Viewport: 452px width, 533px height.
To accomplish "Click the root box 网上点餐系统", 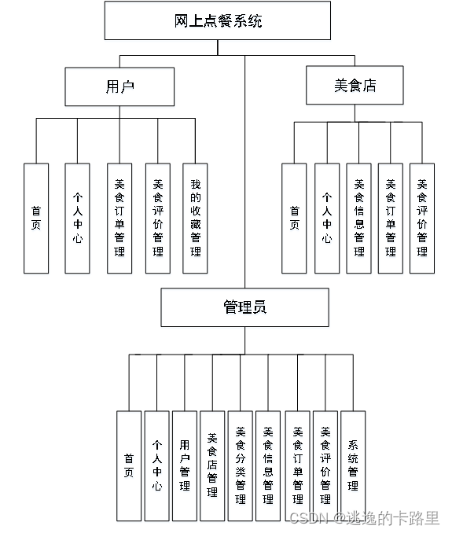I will tap(217, 21).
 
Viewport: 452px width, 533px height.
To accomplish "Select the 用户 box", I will tap(119, 86).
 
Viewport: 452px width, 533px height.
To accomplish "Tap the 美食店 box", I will tap(354, 86).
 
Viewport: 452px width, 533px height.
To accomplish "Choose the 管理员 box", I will tap(244, 307).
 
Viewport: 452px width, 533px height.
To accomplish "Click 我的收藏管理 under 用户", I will tap(195, 219).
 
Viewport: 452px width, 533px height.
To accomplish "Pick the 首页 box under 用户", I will tap(36, 219).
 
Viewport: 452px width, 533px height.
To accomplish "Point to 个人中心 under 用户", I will tap(77, 219).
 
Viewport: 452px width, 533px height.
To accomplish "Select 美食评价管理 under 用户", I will tap(157, 219).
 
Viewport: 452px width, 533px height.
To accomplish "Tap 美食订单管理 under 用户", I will tap(119, 219).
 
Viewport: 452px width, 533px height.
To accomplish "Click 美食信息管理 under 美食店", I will tap(358, 219).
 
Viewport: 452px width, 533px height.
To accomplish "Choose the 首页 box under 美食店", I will tap(294, 219).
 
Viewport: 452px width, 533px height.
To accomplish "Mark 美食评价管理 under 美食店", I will tap(422, 219).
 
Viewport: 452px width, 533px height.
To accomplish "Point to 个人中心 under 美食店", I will tap(327, 219).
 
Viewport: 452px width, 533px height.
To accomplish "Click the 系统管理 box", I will tap(353, 465).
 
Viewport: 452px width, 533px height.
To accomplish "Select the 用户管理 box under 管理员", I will tap(185, 465).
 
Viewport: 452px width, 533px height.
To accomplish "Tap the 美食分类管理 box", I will tap(240, 465).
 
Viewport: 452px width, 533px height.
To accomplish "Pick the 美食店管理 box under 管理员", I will tap(212, 465).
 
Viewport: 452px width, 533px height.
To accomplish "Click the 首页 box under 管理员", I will tap(129, 465).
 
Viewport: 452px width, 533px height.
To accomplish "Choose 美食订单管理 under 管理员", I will tap(297, 465).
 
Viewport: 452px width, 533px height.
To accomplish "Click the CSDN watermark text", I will tap(363, 517).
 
